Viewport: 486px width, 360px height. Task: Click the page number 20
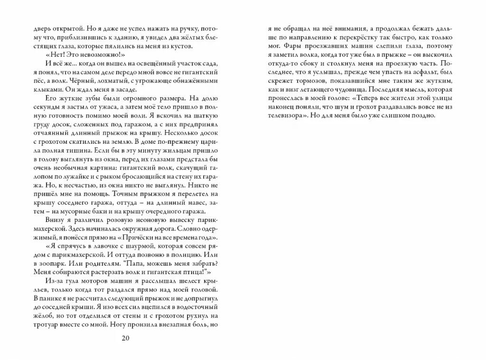pos(125,338)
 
